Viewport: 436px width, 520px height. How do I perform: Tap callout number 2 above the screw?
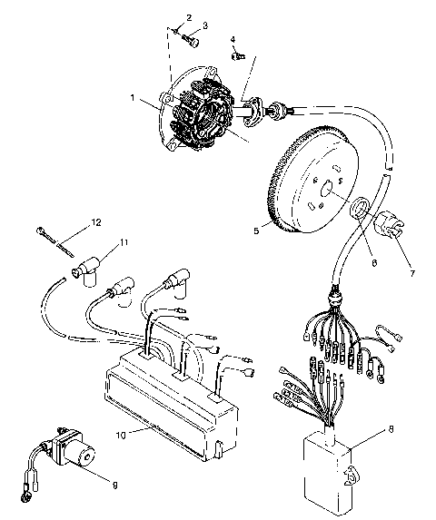(x=189, y=17)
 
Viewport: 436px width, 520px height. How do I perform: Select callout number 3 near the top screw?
(x=204, y=26)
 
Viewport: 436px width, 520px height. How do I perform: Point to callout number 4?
(x=233, y=40)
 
